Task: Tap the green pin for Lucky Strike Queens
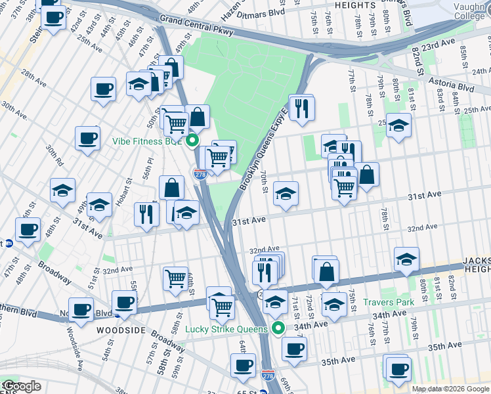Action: tap(278, 328)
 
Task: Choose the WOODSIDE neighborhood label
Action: tap(121, 330)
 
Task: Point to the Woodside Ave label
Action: tap(76, 355)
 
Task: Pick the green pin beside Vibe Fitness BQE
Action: tap(192, 141)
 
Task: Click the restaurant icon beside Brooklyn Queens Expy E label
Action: tap(301, 108)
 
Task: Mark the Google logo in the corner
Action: tap(21, 387)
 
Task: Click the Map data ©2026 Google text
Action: tap(450, 389)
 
